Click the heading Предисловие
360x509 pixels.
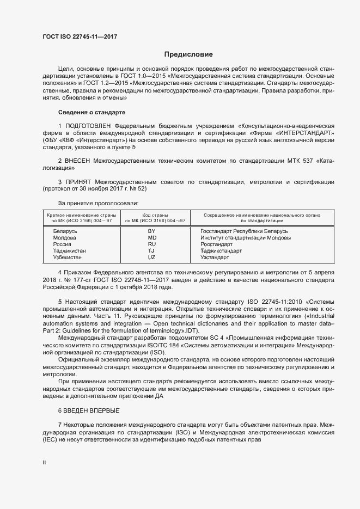pyautogui.click(x=188, y=54)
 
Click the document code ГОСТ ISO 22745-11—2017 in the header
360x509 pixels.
pyautogui.click(x=80, y=36)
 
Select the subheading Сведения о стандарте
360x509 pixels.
pyautogui.click(x=91, y=112)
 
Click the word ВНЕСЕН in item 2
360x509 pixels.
pyautogui.click(x=80, y=162)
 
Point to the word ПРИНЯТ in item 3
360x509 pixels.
pyautogui.click(x=78, y=181)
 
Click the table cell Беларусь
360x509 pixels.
pyautogui.click(x=65, y=231)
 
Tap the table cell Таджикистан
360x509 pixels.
pyautogui.click(x=69, y=251)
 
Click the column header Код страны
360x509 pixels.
pyautogui.click(x=155, y=216)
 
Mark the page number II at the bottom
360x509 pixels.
pyautogui.click(x=44, y=463)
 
